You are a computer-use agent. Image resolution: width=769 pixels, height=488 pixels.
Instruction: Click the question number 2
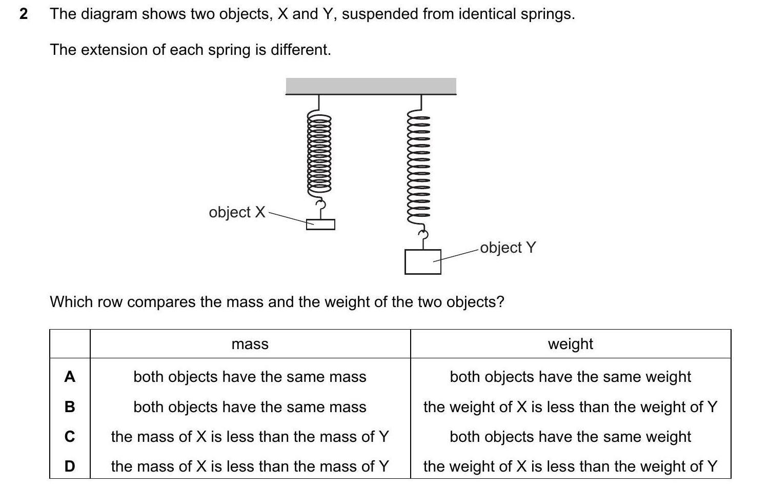coord(24,14)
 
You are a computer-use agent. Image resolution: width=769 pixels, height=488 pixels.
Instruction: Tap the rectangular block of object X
coord(320,225)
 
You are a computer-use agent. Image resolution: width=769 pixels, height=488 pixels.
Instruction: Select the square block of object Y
coord(422,261)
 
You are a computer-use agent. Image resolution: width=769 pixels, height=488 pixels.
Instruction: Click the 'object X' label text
coord(237,212)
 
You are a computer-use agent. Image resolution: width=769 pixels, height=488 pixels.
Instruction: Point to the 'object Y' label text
coord(508,248)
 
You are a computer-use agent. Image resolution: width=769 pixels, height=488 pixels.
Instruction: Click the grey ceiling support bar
coord(371,86)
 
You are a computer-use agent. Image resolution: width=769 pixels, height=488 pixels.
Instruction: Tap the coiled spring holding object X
coord(319,154)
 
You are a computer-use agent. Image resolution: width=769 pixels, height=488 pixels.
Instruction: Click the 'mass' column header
coord(250,344)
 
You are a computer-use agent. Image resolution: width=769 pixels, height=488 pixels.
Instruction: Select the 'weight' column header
coord(570,344)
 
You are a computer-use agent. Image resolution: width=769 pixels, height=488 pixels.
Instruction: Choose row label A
coord(70,377)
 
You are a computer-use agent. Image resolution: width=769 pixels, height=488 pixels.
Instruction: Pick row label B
coord(70,407)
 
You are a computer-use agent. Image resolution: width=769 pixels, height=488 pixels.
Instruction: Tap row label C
coord(70,437)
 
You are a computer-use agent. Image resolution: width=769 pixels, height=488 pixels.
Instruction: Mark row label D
coord(70,466)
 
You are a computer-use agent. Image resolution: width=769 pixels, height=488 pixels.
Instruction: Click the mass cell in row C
coord(250,437)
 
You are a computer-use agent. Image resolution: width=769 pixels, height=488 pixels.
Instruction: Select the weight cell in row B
coord(570,407)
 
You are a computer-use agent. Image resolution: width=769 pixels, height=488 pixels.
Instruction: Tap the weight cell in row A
coord(570,377)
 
